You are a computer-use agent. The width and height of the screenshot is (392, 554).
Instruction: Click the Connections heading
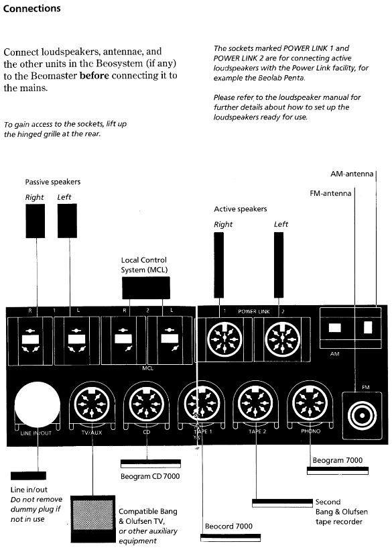[x=31, y=9]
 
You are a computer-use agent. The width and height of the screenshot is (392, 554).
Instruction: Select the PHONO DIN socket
[x=310, y=403]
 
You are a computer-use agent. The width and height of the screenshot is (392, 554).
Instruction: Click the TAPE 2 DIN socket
[x=255, y=403]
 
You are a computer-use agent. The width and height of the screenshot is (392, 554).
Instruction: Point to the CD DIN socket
[x=146, y=403]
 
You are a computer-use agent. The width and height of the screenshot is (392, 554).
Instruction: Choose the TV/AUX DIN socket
[x=92, y=403]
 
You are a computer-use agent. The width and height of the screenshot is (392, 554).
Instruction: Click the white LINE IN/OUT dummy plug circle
[x=37, y=404]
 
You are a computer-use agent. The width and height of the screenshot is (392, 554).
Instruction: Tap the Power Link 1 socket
[x=224, y=339]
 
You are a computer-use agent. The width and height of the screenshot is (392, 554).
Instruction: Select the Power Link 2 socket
[x=282, y=339]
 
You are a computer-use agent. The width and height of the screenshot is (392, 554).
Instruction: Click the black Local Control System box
[x=145, y=288]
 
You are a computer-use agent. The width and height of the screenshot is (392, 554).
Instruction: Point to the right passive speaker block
[x=36, y=221]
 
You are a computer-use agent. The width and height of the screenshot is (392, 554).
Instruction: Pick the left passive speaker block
[x=67, y=221]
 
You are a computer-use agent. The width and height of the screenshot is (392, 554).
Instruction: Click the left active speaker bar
[x=279, y=265]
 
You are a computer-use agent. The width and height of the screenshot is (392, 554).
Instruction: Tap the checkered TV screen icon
[x=93, y=515]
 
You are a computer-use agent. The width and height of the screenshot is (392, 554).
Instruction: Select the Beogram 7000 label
[x=338, y=460]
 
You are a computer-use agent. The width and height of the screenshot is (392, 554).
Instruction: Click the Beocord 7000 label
[x=228, y=526]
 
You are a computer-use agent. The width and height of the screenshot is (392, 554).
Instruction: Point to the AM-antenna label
[x=352, y=174]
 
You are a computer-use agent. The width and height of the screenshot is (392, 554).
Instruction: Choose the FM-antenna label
[x=330, y=193]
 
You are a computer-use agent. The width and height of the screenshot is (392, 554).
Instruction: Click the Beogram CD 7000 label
[x=150, y=476]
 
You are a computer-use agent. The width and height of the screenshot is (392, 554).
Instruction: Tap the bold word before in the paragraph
[x=94, y=76]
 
